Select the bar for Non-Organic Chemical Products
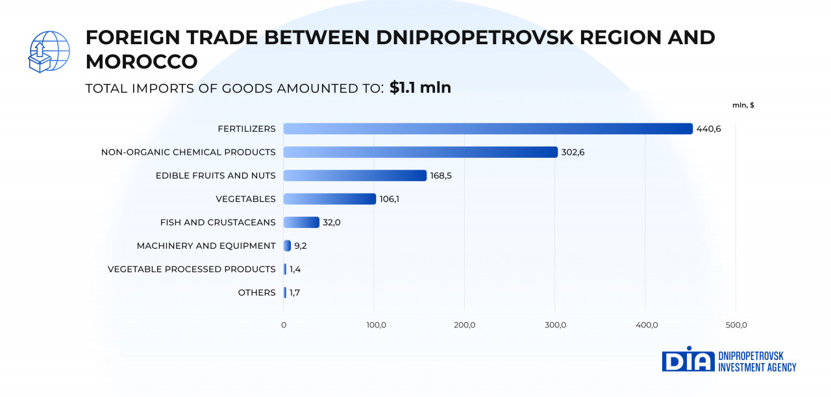[x=421, y=152]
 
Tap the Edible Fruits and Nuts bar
[x=355, y=175]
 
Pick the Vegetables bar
[x=330, y=199]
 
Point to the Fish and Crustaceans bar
[x=301, y=222]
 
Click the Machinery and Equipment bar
[x=287, y=246]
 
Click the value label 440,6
[x=708, y=129]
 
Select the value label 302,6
[x=573, y=152]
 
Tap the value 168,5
[x=442, y=175]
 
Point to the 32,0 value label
[x=331, y=222]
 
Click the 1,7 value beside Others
[x=295, y=292]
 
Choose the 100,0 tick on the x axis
[x=374, y=325]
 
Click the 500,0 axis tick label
[x=736, y=325]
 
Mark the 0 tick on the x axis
[x=284, y=325]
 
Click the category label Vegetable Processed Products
[x=192, y=269]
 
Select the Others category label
[x=257, y=292]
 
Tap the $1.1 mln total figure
[x=420, y=88]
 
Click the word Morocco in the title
[x=142, y=62]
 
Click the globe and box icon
[x=49, y=52]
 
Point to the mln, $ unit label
[x=743, y=105]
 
